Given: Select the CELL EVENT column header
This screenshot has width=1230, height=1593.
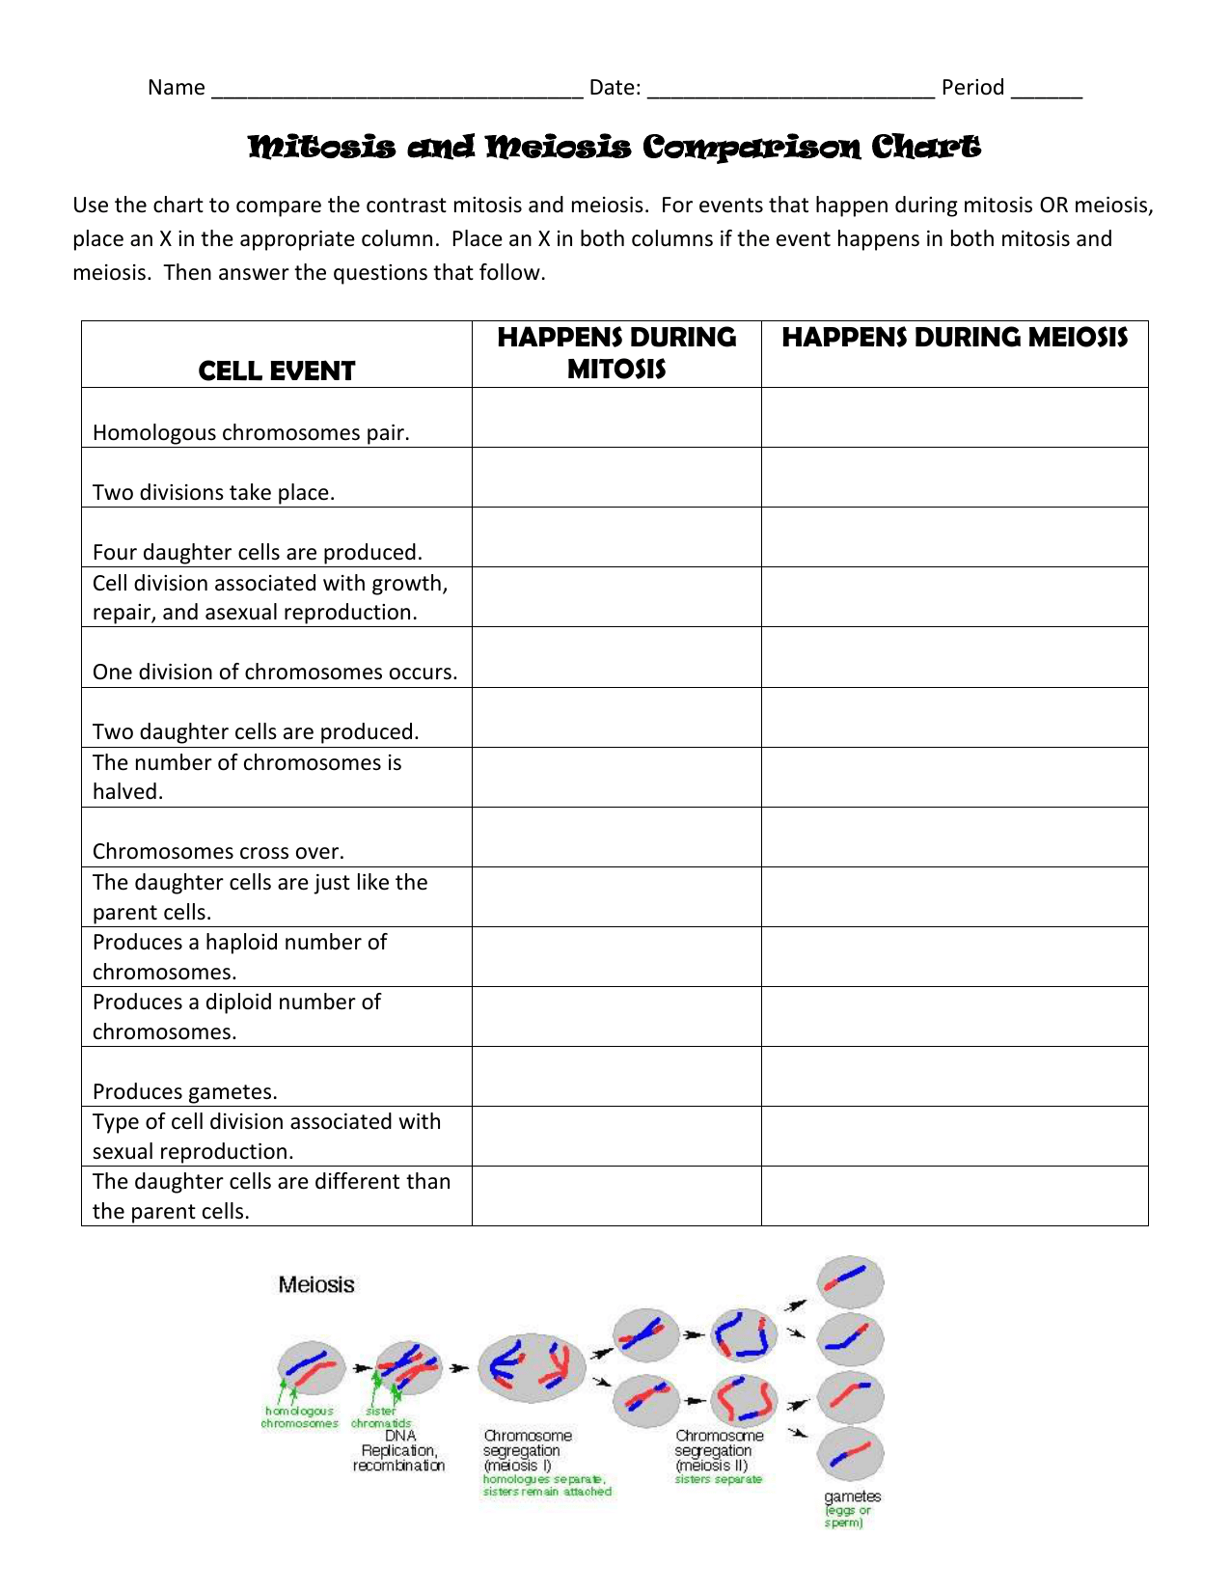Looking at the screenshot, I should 277,371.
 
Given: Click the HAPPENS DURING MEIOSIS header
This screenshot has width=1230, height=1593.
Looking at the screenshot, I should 954,338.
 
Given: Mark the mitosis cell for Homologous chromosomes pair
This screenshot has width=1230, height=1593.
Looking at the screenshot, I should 616,418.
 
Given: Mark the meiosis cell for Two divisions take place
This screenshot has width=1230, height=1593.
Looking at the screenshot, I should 954,478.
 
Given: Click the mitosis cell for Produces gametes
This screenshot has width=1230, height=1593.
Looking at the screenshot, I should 616,1077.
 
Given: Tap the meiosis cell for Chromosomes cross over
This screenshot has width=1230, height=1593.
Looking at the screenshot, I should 954,838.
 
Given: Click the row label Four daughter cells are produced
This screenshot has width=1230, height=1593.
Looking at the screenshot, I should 258,552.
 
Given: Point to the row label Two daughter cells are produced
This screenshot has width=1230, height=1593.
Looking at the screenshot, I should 256,731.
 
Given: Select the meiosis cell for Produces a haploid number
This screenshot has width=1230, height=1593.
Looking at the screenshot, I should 954,957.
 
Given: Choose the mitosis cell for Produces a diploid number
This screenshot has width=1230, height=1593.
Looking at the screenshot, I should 616,1017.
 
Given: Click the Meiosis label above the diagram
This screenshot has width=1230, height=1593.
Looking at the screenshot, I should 316,1284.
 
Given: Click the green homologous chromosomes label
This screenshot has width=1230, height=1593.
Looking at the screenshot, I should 299,1417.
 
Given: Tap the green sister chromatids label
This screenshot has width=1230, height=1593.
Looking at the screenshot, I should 381,1417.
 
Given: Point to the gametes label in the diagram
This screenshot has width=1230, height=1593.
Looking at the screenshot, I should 852,1497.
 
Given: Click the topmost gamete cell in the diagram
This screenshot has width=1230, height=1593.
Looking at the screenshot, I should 850,1280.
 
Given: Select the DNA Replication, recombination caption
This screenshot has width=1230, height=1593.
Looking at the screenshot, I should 398,1450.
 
